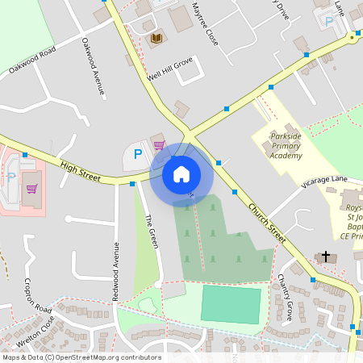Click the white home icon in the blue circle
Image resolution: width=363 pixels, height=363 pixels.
pos(181,173)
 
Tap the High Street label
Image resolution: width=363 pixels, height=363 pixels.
pos(79,169)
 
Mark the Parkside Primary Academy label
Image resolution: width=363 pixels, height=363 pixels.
pos(286,145)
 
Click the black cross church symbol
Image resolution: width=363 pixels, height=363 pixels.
pos(327,257)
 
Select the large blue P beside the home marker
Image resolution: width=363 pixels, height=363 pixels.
pos(137,153)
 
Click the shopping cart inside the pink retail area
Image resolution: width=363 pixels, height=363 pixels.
pos(32,189)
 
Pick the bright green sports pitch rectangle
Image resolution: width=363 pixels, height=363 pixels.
pos(231,303)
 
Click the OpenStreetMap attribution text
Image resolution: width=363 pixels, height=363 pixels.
pos(81,357)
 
